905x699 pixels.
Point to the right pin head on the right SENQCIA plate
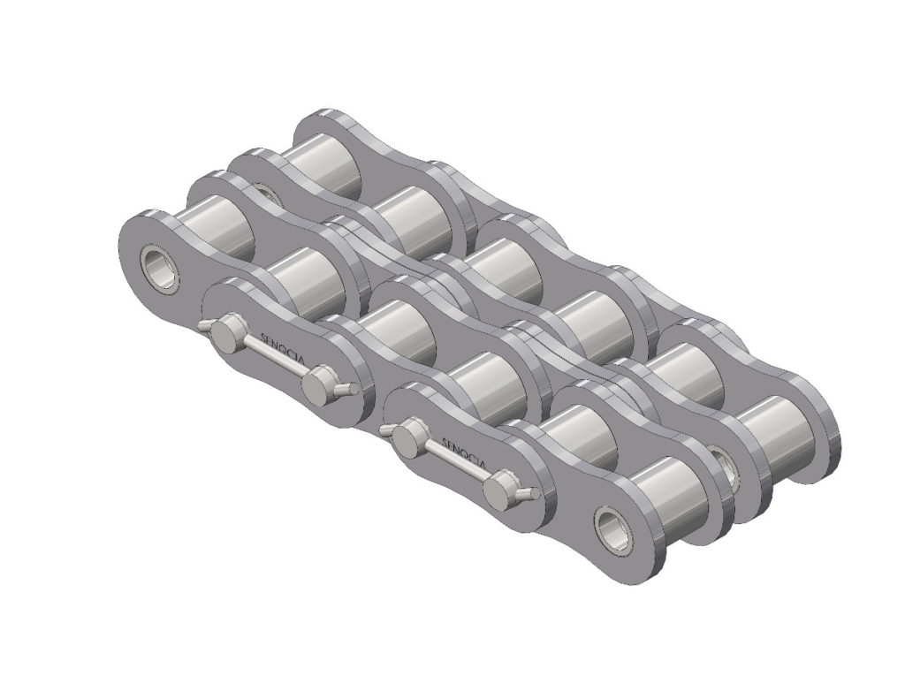(501, 483)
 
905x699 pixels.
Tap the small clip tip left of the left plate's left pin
(202, 326)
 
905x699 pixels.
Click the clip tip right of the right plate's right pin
(529, 491)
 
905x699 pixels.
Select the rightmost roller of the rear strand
(778, 424)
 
